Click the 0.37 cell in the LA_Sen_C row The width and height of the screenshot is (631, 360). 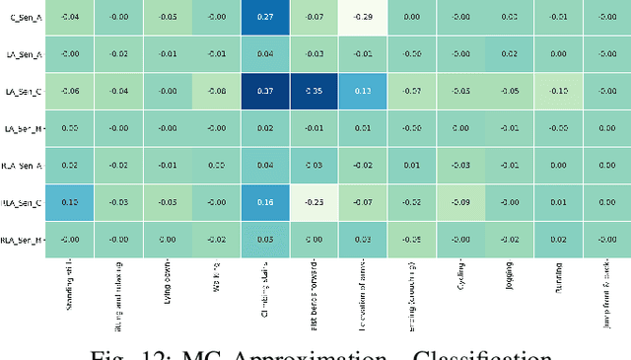[265, 91]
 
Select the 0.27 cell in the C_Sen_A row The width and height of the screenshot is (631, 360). [265, 17]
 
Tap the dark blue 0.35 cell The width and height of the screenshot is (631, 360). [314, 91]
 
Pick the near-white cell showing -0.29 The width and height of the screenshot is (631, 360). [363, 17]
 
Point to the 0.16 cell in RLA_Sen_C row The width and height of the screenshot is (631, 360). [265, 202]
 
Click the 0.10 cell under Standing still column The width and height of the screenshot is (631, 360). [70, 202]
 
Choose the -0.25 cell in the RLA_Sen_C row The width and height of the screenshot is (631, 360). [314, 202]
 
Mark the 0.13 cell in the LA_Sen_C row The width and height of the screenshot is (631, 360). [363, 91]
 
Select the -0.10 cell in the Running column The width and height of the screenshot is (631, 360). [558, 91]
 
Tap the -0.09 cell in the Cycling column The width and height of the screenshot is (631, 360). [460, 202]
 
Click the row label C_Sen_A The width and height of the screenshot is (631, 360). [25, 17]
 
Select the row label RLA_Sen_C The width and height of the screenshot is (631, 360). [21, 202]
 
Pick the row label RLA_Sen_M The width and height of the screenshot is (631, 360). [21, 240]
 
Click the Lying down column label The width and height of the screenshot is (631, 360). [169, 280]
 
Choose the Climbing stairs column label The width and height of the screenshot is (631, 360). [266, 286]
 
